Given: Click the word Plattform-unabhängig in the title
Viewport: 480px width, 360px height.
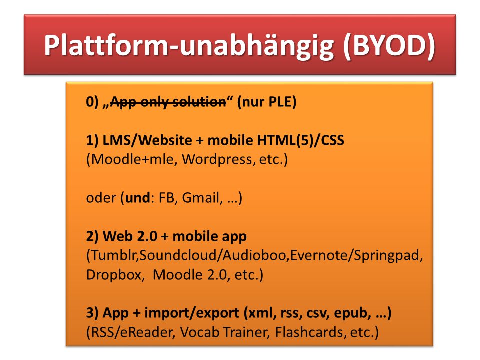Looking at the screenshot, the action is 189,46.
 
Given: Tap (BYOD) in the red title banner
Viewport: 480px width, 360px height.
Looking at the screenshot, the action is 389,46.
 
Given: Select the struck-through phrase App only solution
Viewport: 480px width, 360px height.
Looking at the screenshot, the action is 168,102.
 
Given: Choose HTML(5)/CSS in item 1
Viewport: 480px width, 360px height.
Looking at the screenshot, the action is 301,140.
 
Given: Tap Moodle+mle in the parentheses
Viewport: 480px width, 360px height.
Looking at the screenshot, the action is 132,159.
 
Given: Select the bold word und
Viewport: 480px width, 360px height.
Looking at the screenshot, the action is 138,198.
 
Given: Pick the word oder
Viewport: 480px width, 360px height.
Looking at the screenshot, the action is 101,198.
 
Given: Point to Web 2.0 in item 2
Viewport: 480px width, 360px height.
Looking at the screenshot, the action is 130,236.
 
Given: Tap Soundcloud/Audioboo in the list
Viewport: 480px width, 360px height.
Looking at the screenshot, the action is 213,255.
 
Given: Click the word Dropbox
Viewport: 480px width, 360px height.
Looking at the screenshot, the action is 114,275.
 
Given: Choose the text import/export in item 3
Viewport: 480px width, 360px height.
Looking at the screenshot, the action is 192,313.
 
